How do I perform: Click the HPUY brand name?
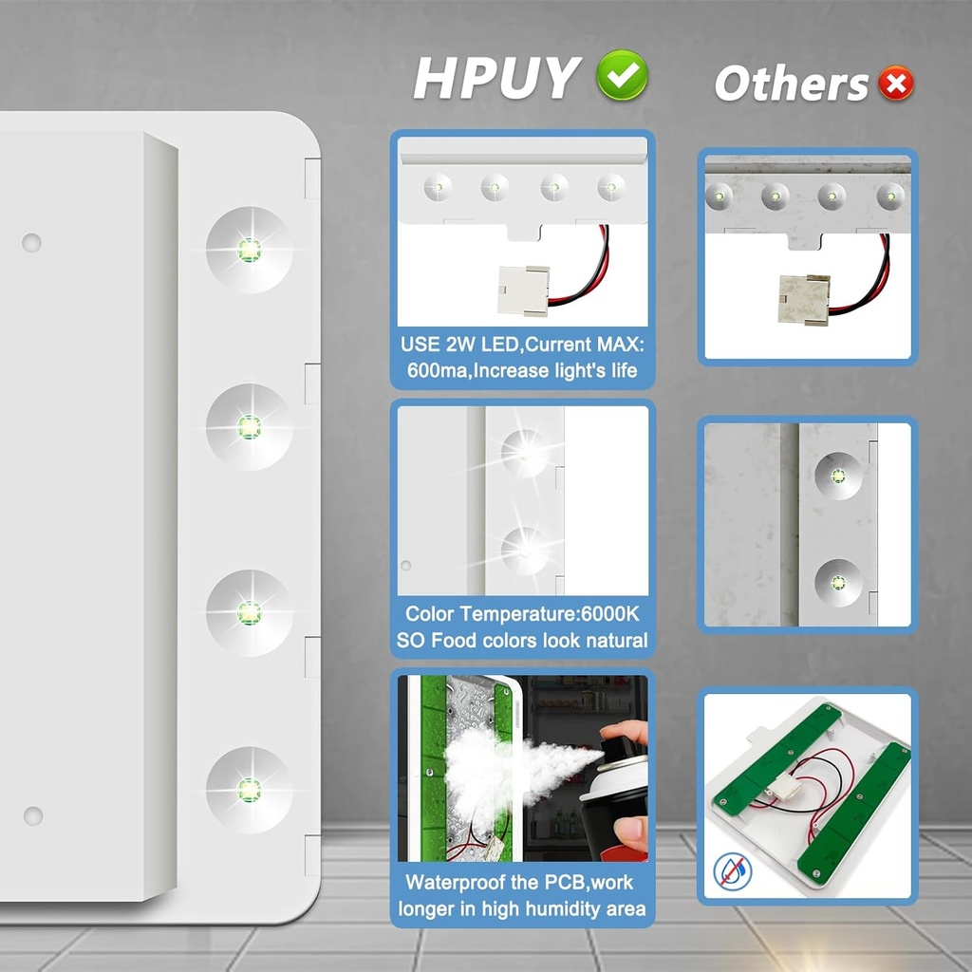tap(496, 79)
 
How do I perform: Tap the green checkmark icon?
tap(622, 76)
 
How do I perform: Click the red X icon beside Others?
tap(895, 84)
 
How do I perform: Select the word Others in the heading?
tap(792, 84)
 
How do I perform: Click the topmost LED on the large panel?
tap(249, 251)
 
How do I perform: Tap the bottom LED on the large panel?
tap(249, 790)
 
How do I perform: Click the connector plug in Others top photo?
tap(803, 299)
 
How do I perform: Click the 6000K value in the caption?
tap(613, 614)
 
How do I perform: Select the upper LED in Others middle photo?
tap(838, 476)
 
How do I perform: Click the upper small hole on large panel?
tap(31, 243)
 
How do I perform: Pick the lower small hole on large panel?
tap(33, 815)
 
